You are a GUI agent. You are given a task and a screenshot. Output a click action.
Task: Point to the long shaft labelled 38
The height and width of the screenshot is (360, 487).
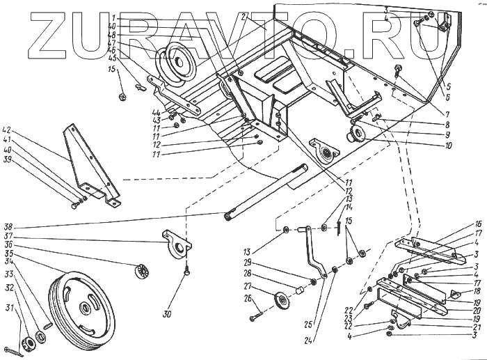click(x=269, y=191)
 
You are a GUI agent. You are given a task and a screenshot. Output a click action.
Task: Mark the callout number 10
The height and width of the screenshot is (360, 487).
click(x=447, y=146)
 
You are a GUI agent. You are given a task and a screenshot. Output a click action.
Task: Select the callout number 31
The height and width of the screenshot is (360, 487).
click(x=9, y=327)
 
